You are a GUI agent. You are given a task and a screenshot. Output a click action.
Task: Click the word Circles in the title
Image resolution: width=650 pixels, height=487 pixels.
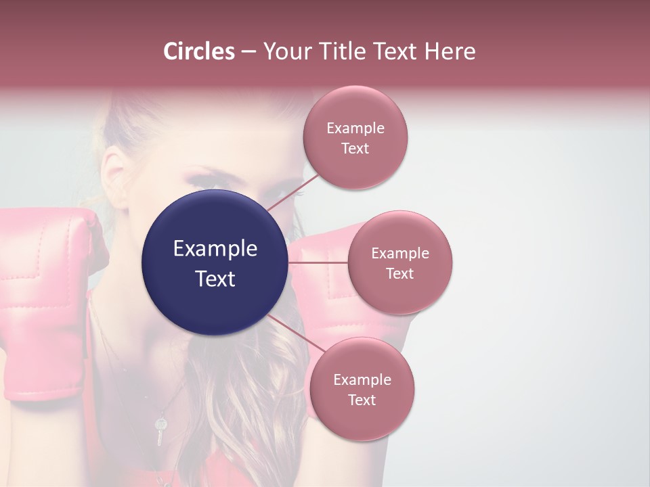199,51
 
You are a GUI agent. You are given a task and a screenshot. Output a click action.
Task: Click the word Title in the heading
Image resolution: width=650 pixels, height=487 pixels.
339,51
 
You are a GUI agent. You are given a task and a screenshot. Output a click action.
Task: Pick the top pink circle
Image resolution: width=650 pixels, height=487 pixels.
355,137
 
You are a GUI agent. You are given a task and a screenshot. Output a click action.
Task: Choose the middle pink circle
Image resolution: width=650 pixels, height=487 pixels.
400,262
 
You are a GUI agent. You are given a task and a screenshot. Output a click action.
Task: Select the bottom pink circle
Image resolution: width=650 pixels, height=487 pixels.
362,389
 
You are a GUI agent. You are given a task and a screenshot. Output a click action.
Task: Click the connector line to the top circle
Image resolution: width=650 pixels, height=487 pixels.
292,192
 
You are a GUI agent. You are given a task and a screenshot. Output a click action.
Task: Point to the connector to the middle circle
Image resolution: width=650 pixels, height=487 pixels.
318,262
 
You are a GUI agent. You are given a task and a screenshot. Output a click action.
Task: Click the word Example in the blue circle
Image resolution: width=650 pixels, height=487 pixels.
215,249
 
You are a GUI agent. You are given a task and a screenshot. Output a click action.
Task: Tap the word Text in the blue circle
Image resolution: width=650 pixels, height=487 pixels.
215,279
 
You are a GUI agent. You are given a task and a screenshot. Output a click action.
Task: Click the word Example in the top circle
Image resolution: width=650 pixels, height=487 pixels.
355,128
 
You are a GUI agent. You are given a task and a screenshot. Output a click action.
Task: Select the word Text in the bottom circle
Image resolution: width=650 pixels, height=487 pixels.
362,400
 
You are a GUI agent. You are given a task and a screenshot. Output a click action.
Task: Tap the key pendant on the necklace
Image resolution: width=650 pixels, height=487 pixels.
160,430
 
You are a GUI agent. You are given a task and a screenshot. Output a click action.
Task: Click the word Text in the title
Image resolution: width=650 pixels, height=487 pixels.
391,51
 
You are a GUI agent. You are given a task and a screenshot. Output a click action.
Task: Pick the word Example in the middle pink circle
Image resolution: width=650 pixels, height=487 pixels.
400,253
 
